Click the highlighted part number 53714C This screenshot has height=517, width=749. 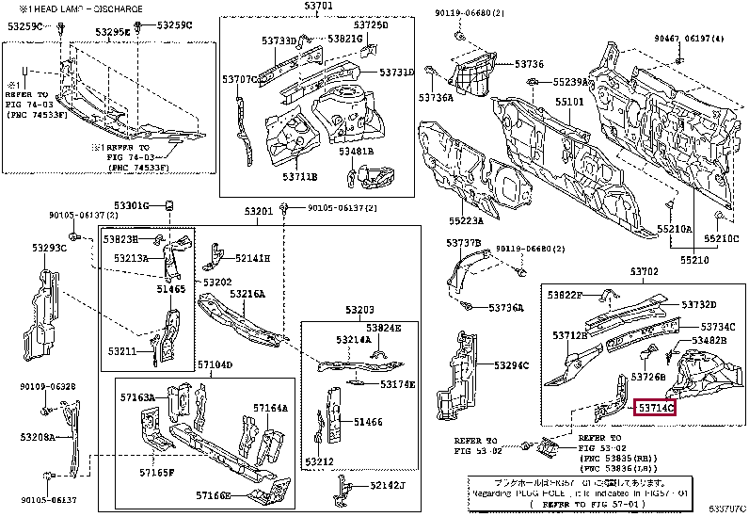coord(657,408)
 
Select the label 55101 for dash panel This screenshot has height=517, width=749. coord(568,101)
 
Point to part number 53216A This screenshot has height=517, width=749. coord(248,294)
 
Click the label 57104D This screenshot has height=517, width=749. coord(215,364)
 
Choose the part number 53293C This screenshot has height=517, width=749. coord(49,248)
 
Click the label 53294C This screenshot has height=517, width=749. coord(511,365)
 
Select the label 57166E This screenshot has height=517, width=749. coord(215,494)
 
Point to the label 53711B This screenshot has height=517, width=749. coord(300,176)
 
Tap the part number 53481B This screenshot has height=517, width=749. coord(357,151)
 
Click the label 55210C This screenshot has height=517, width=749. coord(723,238)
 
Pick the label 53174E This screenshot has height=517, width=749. coord(398,384)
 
